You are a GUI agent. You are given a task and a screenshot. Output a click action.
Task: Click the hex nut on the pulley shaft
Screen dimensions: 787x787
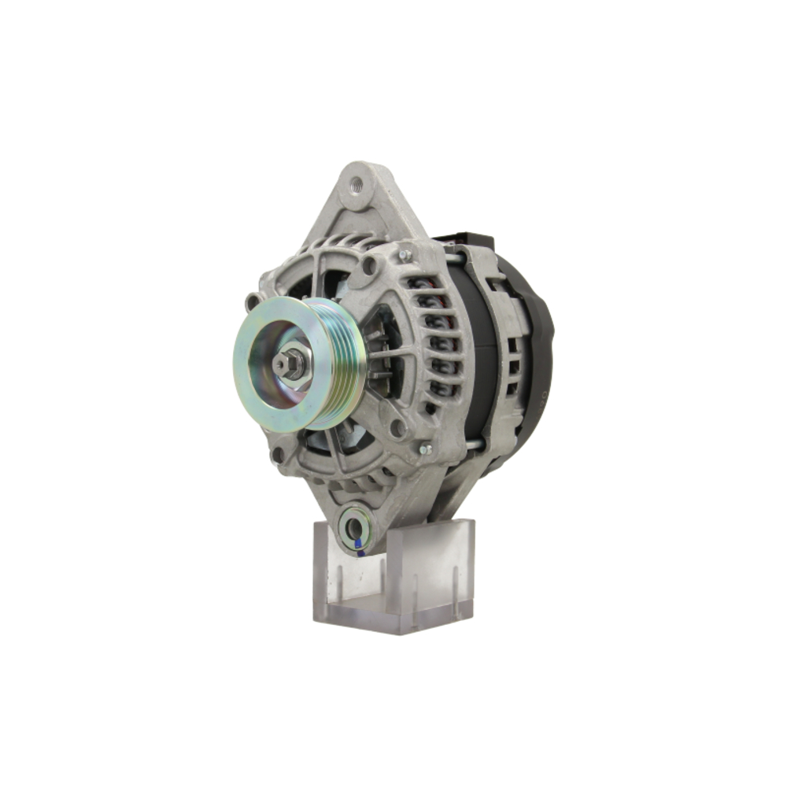[292, 364]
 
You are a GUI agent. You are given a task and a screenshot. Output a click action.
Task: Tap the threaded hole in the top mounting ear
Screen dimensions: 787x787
[357, 186]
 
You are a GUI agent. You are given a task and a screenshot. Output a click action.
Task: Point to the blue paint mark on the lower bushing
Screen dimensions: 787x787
[358, 543]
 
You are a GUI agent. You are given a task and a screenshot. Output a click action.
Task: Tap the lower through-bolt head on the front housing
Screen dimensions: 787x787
[425, 449]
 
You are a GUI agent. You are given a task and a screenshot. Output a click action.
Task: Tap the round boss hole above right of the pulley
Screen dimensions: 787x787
[368, 267]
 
